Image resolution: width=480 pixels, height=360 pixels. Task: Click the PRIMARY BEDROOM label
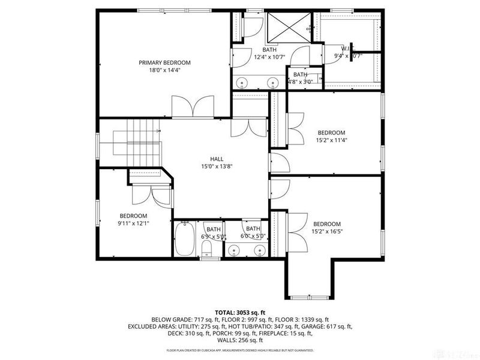[164, 62]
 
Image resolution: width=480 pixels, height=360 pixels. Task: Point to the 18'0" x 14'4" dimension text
[164, 70]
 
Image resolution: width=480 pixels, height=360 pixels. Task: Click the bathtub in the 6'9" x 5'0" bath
[185, 239]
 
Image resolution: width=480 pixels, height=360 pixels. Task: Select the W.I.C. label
[347, 49]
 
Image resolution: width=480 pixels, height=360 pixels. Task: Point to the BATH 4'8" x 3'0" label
[300, 78]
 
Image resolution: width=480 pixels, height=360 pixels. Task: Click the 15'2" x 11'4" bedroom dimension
[331, 141]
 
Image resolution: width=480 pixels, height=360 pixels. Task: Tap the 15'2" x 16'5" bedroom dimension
[327, 232]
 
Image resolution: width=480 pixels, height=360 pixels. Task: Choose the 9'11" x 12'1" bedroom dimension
[133, 223]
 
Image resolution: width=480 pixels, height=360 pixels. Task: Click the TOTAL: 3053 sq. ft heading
[239, 312]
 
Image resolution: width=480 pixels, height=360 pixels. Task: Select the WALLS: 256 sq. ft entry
[240, 341]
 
